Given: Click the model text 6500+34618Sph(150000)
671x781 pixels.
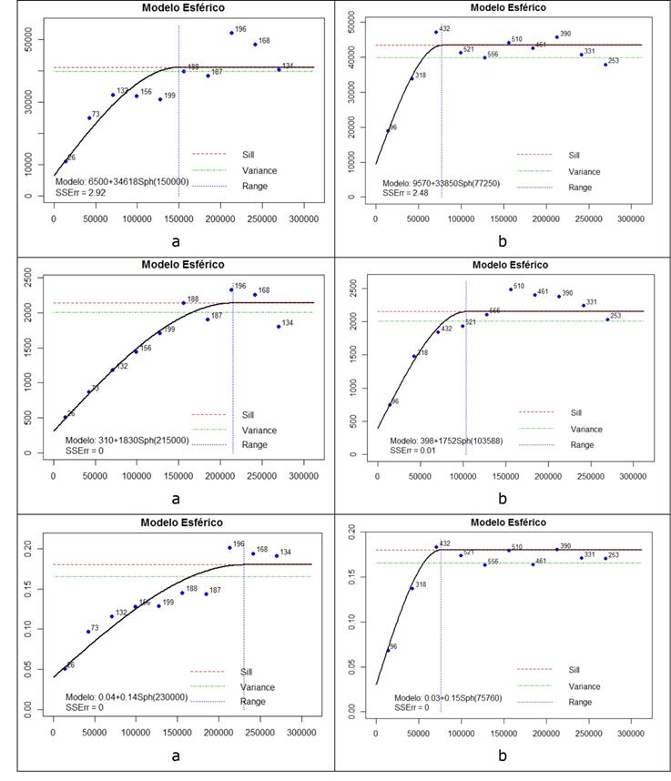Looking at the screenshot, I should (x=121, y=181).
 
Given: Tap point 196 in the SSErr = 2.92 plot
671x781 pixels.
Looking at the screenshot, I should (x=232, y=33).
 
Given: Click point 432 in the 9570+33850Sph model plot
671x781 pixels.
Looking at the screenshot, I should (x=436, y=32).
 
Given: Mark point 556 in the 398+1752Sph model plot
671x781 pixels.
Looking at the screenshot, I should (x=486, y=314).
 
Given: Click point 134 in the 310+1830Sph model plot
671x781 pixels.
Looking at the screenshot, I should (x=279, y=326).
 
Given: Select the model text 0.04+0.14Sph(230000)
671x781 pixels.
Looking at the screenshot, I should (x=127, y=696).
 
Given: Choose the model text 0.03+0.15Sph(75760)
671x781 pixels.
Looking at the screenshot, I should (x=443, y=696).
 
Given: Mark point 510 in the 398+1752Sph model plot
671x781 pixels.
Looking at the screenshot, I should (x=511, y=289).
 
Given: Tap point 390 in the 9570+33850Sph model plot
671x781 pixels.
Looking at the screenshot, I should (x=557, y=37).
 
